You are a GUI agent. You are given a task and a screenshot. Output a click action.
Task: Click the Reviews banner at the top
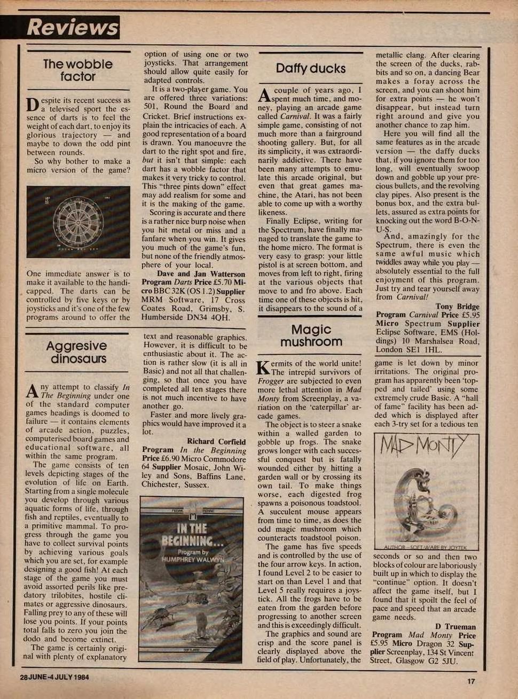[72, 28]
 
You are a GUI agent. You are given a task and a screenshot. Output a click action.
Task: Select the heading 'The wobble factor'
[78, 70]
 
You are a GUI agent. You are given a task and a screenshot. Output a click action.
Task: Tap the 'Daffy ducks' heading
[311, 68]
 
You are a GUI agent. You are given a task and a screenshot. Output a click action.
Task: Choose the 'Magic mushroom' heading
[311, 336]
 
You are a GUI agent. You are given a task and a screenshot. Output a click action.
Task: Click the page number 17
[470, 681]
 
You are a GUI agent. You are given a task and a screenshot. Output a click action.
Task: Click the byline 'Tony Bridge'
[458, 306]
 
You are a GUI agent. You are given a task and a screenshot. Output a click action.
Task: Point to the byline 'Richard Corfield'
[216, 442]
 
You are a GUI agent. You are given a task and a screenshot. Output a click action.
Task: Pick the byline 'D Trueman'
[455, 626]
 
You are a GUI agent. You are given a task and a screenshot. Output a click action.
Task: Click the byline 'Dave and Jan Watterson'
[201, 274]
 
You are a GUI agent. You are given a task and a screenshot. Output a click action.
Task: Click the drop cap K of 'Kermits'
[263, 368]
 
